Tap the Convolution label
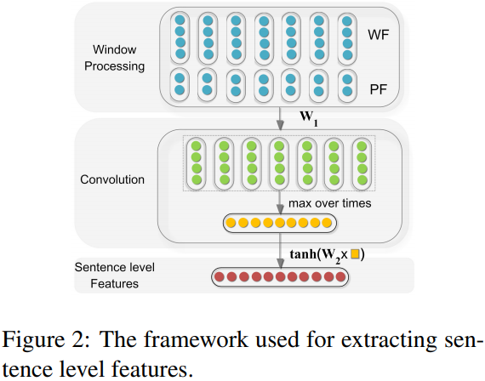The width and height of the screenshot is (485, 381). pos(113,179)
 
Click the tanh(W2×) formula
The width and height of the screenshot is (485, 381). pos(328,253)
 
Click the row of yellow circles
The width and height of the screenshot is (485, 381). pos(279,224)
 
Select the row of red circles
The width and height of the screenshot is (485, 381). pos(279,276)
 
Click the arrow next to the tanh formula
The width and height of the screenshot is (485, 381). pos(280,253)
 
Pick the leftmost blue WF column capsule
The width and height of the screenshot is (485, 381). pos(179,37)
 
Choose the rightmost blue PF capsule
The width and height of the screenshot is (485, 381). pos(345,85)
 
